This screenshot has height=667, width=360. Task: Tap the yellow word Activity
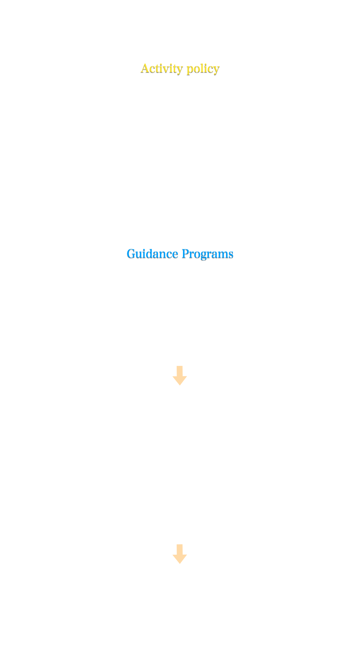click(x=162, y=68)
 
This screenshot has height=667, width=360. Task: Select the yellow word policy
click(x=203, y=68)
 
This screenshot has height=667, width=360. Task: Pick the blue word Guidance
click(x=152, y=254)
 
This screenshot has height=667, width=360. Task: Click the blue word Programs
click(x=207, y=254)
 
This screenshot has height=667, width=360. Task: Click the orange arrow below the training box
click(x=180, y=376)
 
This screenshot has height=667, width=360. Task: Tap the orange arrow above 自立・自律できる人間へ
click(x=180, y=554)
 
